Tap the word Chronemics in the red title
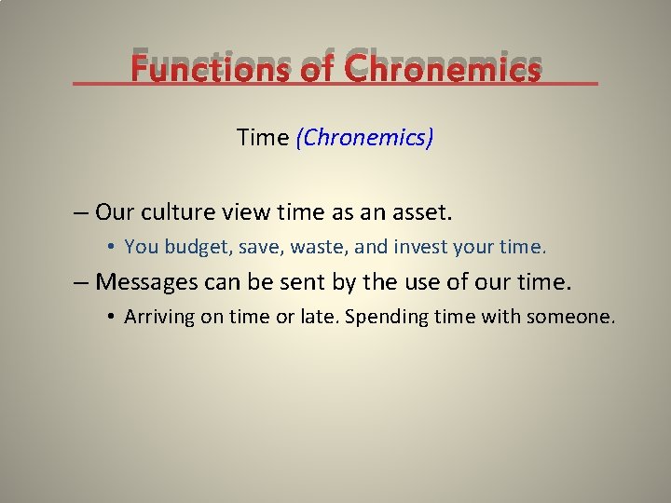(442, 68)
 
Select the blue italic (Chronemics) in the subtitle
(364, 138)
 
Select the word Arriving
(159, 317)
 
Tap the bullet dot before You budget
(110, 247)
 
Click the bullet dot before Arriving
(110, 317)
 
